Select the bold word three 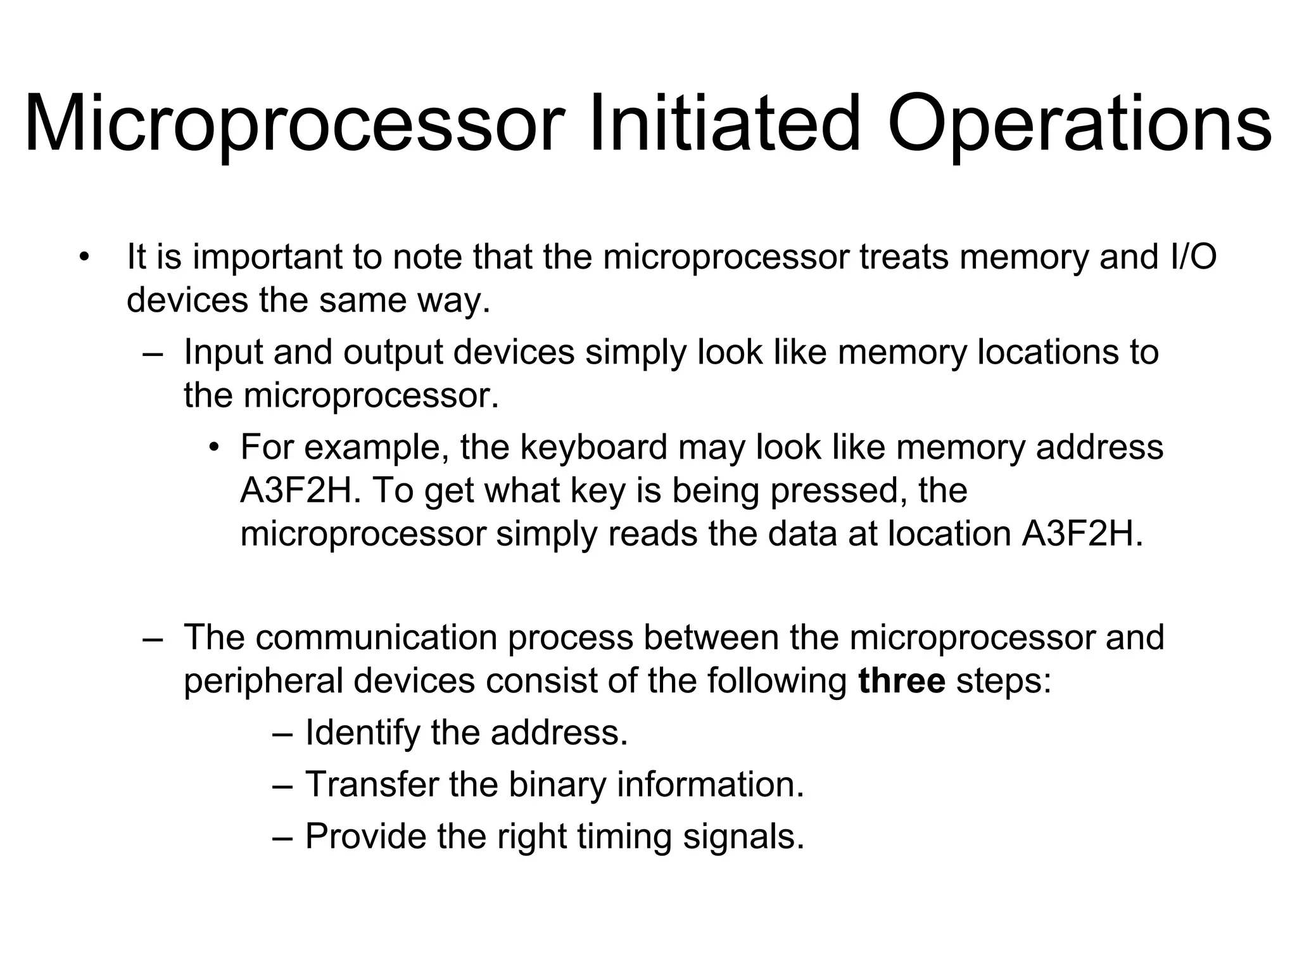point(902,681)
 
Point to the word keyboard point(593,447)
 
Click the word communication point(376,637)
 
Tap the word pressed point(833,491)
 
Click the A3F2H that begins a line point(295,491)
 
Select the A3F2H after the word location point(1082,534)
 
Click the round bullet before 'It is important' point(83,258)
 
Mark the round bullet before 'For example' point(215,447)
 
